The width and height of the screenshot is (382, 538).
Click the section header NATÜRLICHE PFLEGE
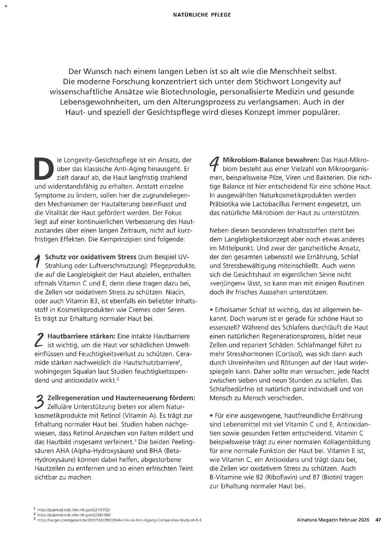tap(202, 15)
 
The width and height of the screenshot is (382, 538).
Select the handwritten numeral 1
tap(38, 261)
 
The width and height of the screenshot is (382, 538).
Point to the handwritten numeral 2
tap(39, 340)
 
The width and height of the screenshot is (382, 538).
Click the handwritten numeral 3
tap(40, 402)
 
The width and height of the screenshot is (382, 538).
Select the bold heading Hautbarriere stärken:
tap(81, 336)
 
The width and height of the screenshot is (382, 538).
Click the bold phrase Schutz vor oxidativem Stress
tap(90, 257)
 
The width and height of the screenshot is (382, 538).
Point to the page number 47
tap(378, 520)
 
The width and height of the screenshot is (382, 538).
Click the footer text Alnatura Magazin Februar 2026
tap(333, 520)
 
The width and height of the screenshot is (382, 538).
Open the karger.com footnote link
tap(119, 520)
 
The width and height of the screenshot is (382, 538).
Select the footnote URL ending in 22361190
tap(74, 515)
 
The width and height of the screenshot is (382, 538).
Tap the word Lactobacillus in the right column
tap(271, 204)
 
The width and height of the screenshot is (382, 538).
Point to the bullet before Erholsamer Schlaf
tap(211, 310)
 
